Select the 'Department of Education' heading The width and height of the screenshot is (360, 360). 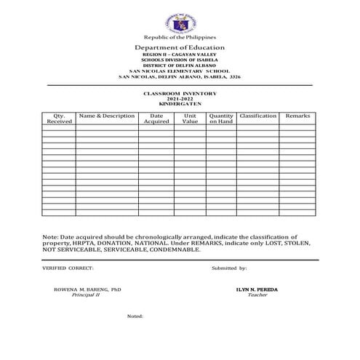point(180,47)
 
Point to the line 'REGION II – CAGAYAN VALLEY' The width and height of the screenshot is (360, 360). point(180,55)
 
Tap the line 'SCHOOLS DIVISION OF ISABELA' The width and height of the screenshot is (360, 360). point(180,60)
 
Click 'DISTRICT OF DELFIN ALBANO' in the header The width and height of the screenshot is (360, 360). point(180,65)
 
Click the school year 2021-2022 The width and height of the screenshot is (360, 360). point(180,100)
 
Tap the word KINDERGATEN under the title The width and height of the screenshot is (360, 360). point(180,105)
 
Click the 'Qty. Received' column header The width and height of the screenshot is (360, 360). point(59,119)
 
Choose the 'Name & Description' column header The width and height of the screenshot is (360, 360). point(106,116)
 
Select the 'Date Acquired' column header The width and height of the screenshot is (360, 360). point(156,119)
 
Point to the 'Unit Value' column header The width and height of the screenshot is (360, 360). point(190,119)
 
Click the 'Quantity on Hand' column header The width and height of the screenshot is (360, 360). point(221,119)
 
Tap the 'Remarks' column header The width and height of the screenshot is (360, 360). point(297,116)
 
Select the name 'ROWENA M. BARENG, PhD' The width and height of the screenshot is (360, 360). point(87,289)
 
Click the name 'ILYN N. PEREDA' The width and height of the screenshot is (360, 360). point(257,289)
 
